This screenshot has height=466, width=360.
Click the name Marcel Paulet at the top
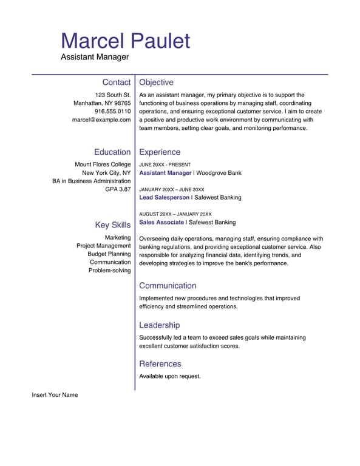125,41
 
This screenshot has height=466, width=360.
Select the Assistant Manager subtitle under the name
95,57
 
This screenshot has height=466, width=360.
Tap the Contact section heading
116,83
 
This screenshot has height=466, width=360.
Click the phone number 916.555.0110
112,112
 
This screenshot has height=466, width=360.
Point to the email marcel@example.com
101,120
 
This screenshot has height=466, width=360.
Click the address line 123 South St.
113,95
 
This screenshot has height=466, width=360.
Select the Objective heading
156,83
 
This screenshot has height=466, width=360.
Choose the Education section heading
112,152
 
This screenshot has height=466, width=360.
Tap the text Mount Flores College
103,164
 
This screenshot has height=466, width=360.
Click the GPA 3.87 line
118,189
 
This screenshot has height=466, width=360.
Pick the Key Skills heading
112,225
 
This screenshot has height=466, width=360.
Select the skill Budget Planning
109,254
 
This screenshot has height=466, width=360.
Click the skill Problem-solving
109,271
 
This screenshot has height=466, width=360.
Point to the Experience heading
160,152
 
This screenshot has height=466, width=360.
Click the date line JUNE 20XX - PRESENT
165,165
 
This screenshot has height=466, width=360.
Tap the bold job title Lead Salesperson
164,198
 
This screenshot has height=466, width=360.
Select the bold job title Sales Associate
161,223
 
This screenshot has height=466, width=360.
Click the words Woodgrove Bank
219,173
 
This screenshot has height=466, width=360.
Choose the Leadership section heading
159,325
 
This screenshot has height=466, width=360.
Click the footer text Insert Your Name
55,395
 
